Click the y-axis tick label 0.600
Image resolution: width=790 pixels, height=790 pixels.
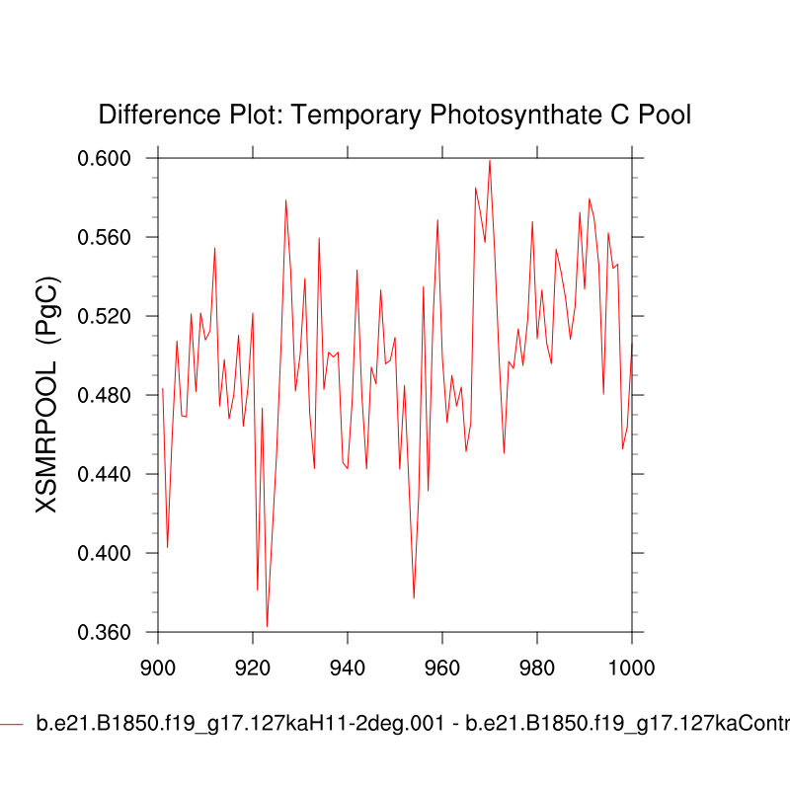coord(117,158)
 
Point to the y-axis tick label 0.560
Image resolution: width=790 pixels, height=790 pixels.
coord(117,237)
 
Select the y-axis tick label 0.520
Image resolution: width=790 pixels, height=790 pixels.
coord(117,316)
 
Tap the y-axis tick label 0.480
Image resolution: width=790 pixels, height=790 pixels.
coord(117,395)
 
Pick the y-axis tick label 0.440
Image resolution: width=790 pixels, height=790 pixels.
coord(117,474)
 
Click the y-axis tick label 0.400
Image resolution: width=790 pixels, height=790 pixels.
coord(117,553)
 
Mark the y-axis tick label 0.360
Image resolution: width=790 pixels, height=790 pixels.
coord(117,632)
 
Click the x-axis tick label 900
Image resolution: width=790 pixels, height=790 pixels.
coord(158,667)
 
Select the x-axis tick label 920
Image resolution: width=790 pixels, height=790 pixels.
coord(253,667)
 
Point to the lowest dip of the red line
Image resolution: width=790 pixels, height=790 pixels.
coord(268,626)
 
